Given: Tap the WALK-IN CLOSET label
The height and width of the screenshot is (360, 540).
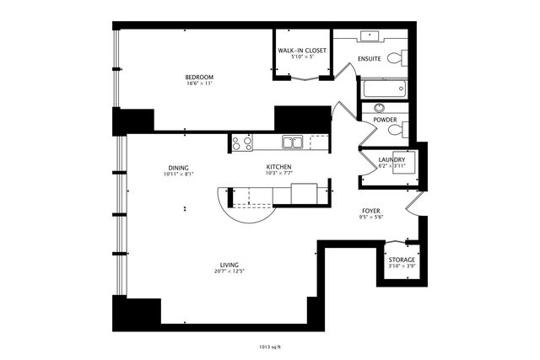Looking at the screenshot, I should coord(302,51).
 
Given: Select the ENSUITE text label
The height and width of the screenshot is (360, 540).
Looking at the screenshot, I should coord(370,59).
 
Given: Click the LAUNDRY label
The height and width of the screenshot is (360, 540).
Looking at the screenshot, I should coord(391,159).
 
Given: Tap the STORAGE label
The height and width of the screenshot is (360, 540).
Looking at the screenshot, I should coord(402,260).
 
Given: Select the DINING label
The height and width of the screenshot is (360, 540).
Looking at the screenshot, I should coord(178,167).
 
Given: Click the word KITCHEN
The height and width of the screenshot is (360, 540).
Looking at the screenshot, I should coord(278,167).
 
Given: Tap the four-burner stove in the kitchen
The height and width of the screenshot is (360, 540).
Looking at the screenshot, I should coord(241,143).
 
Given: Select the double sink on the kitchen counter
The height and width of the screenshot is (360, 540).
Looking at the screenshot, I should coord(293,142).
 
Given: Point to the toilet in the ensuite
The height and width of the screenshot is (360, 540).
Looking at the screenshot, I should coord(404,57).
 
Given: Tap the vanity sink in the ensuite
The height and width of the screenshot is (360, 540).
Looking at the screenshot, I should coord(371,36).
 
